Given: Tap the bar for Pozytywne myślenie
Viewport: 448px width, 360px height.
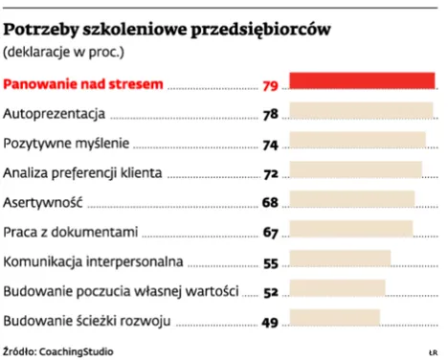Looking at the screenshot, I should (x=355, y=142).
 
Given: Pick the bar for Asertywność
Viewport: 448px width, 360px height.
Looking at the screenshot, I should (x=350, y=200).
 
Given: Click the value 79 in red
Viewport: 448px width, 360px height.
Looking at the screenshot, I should (x=270, y=86).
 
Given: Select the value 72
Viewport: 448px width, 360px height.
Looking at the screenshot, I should (x=270, y=174).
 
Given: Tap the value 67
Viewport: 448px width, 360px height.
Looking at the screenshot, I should (x=270, y=233).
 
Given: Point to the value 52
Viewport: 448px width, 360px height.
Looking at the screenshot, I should (x=270, y=292).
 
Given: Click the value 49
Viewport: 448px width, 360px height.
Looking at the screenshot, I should (x=270, y=322).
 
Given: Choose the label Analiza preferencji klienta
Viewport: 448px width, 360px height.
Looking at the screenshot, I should (x=83, y=173).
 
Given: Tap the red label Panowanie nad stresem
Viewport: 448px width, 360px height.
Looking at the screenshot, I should (x=83, y=84).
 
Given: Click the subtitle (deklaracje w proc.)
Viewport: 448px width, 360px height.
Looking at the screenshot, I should (x=64, y=50).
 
